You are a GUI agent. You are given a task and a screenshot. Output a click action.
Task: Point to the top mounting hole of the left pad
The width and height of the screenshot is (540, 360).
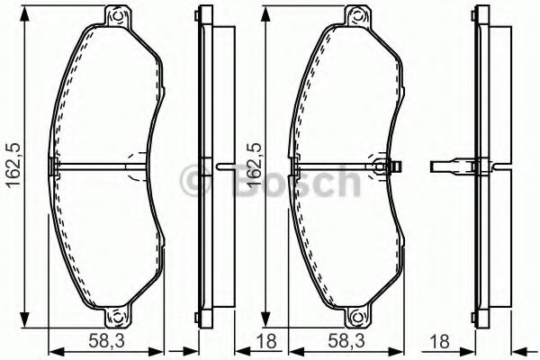115,15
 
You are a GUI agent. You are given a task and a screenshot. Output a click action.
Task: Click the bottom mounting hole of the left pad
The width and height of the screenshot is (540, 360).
115,316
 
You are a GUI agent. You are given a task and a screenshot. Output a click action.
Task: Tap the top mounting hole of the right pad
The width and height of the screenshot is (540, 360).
358,15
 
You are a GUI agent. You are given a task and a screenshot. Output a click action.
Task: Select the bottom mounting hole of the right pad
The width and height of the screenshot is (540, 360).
358,316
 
